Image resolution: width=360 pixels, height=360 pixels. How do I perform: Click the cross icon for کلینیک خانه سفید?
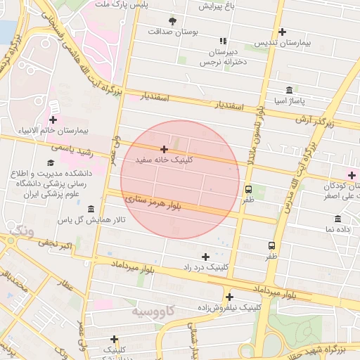coord(164,149)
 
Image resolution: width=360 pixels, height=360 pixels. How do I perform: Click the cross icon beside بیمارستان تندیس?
coord(282,32)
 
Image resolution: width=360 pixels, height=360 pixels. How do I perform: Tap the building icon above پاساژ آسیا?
coord(290,90)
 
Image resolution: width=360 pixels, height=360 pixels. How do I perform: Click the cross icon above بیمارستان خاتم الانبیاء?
coord(53,120)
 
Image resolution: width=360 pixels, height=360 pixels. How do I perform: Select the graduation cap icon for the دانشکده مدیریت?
coord(50,163)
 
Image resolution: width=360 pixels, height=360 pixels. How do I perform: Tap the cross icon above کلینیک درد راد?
coord(205,257)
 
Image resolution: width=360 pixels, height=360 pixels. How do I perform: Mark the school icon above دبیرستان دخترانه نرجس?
coord(223,41)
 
